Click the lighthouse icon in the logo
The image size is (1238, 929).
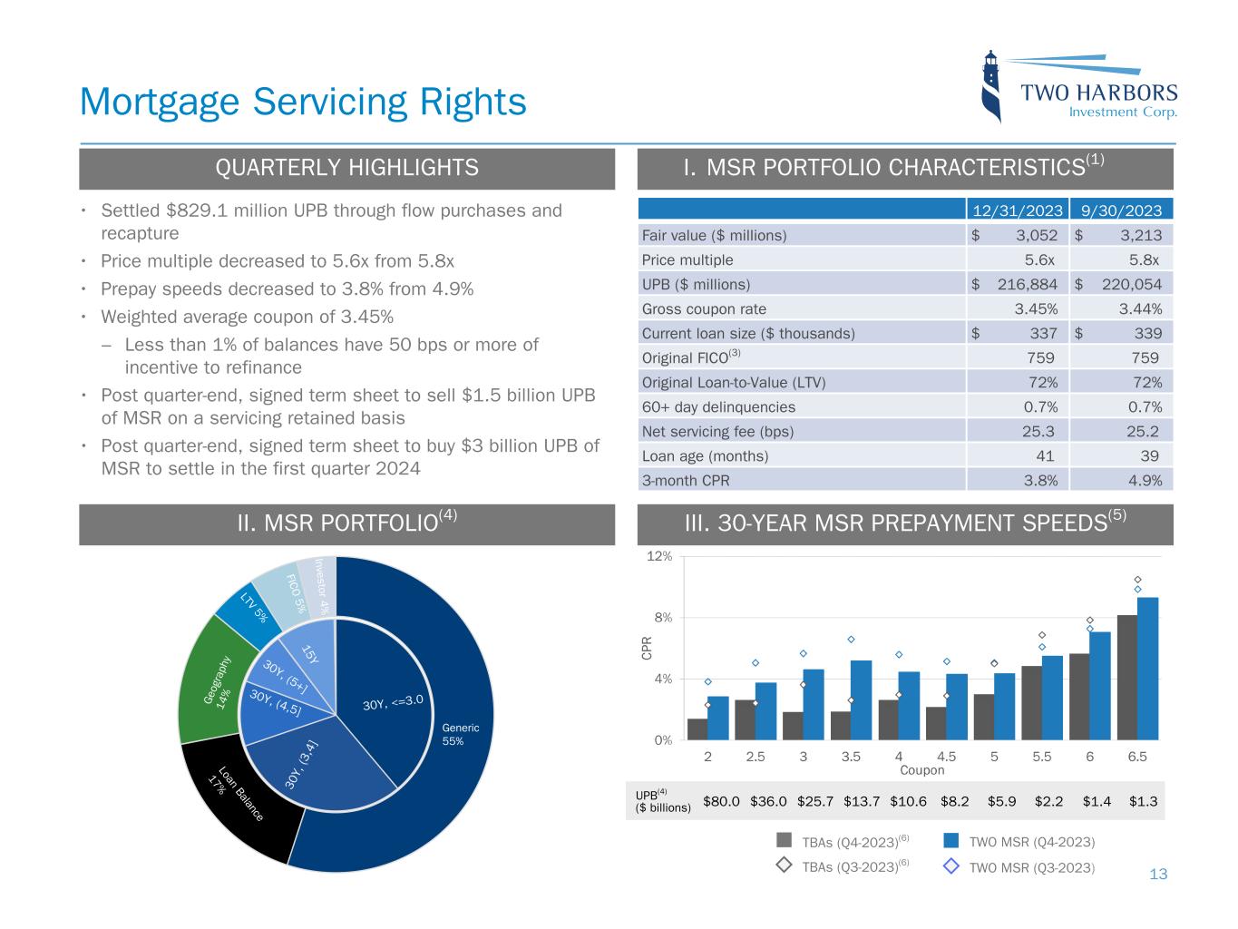coord(992,87)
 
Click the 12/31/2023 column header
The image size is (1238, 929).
coord(1018,210)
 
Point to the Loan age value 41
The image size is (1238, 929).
coord(1044,456)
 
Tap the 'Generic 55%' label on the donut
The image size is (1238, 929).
coord(460,734)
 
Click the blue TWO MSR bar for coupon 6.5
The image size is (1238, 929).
coord(1147,668)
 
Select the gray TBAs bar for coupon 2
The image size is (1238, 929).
coord(697,729)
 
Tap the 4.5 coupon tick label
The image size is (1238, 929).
coord(946,756)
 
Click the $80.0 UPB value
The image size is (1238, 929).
coord(721,802)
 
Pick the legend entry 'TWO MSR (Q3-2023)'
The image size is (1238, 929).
coord(1031,867)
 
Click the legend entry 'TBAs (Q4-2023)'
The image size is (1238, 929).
coord(848,842)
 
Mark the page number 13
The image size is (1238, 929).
coord(1158,875)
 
